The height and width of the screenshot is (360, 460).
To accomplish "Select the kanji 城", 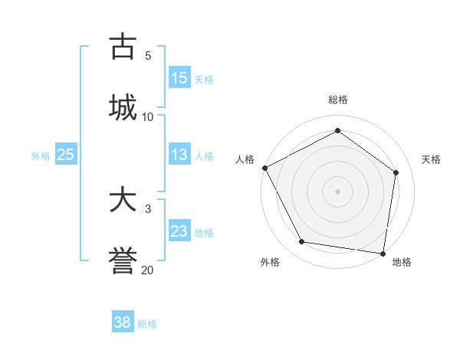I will coord(123,107).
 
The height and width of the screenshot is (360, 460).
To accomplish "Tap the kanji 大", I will coord(123,200).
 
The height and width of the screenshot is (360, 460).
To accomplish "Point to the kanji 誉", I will coord(123,261).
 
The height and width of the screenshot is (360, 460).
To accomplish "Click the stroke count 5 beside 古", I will coord(147,55).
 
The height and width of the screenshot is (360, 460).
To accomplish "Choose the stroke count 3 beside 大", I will coord(147,208).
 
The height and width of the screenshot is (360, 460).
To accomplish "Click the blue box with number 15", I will coord(179,77).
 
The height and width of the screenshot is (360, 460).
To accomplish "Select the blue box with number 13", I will coord(179,155).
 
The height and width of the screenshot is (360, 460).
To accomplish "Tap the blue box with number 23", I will coord(179,231).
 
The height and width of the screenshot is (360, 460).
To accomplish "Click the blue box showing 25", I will coord(66,155).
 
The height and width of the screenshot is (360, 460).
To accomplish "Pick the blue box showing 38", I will coord(123,322).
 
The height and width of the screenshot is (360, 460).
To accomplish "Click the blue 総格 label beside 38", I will coord(147,324).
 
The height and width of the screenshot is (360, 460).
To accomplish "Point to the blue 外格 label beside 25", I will coord(41,156).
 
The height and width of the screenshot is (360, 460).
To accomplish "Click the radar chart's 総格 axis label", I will coord(338,100).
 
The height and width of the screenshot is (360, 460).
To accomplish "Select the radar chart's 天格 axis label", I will coord(431,159).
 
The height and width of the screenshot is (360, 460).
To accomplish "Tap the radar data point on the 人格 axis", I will coord(264,168).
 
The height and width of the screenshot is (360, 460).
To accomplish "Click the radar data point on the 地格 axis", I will coord(383,253).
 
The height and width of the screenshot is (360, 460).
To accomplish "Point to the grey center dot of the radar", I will coord(338,191).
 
